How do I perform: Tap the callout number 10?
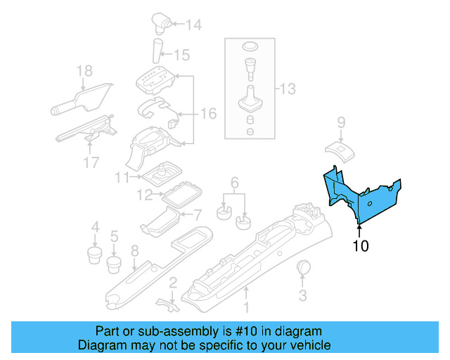pyautogui.click(x=360, y=245)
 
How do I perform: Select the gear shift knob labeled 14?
pyautogui.click(x=160, y=27)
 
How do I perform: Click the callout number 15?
pyautogui.click(x=181, y=54)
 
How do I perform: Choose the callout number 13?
pyautogui.click(x=288, y=89)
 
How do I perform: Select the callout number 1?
pyautogui.click(x=246, y=307)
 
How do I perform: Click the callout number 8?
pyautogui.click(x=134, y=250)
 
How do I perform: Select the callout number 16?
pyautogui.click(x=209, y=113)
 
